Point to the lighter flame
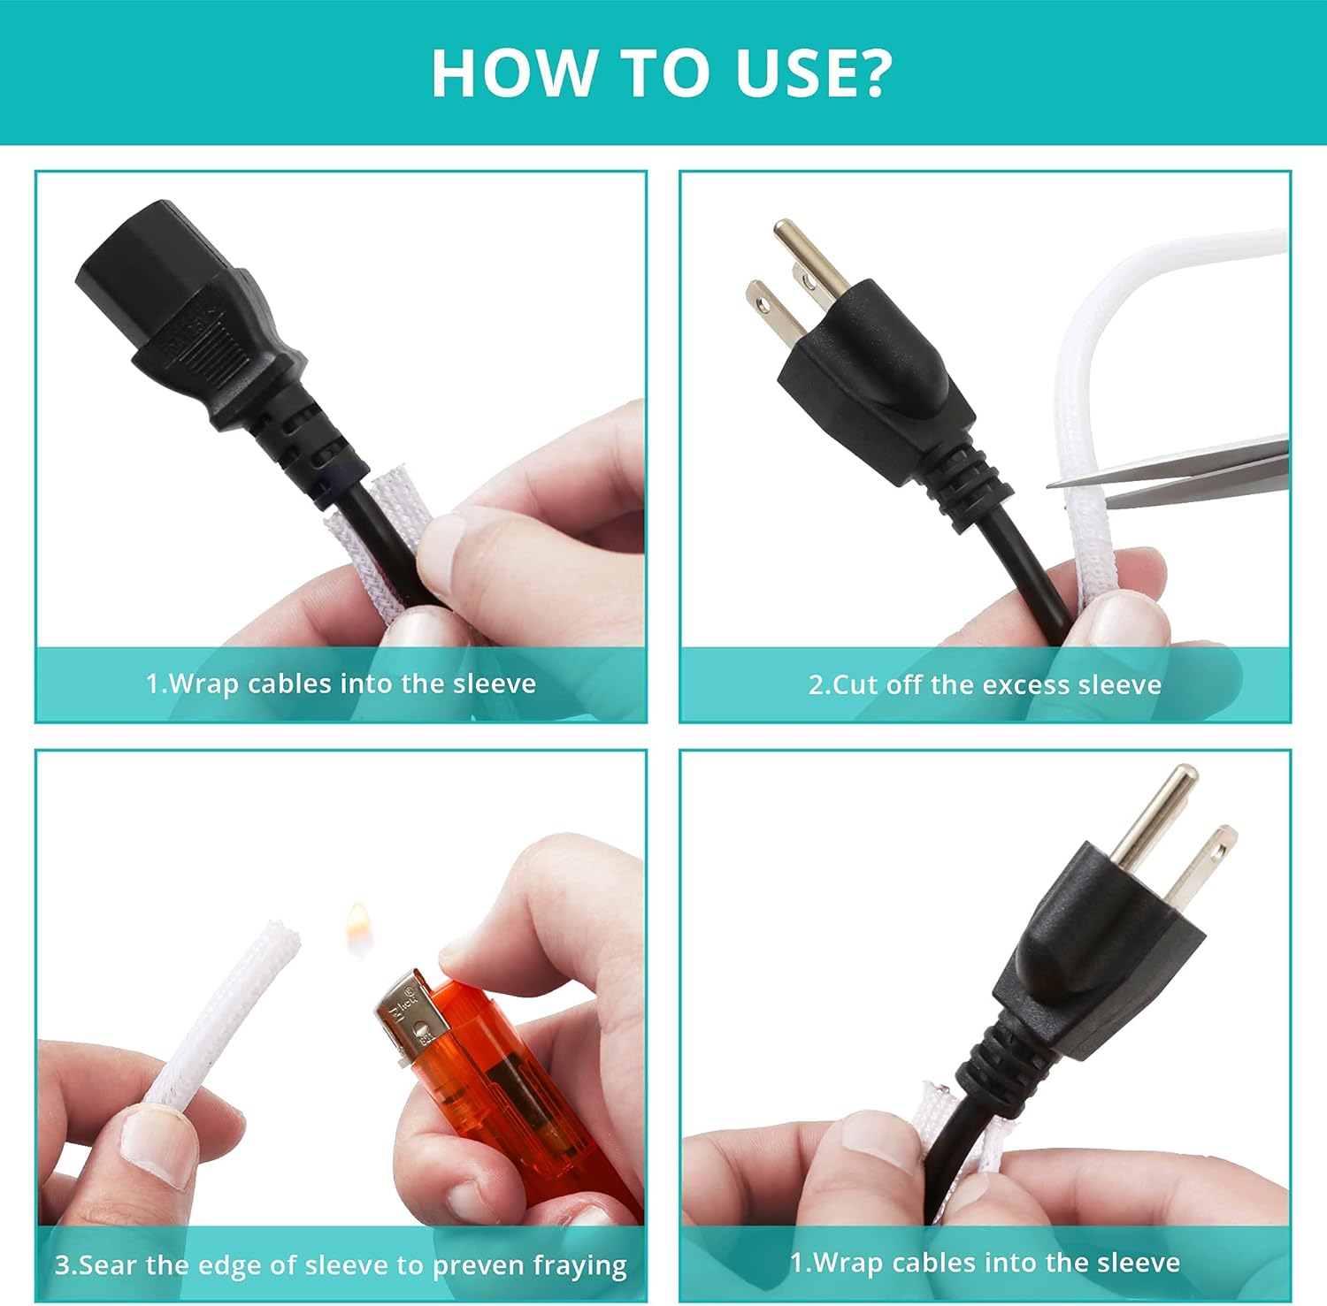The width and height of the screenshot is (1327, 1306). (357, 928)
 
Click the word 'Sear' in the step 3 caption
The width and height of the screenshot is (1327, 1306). (110, 1264)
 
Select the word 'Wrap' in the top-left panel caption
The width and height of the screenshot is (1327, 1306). (203, 684)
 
